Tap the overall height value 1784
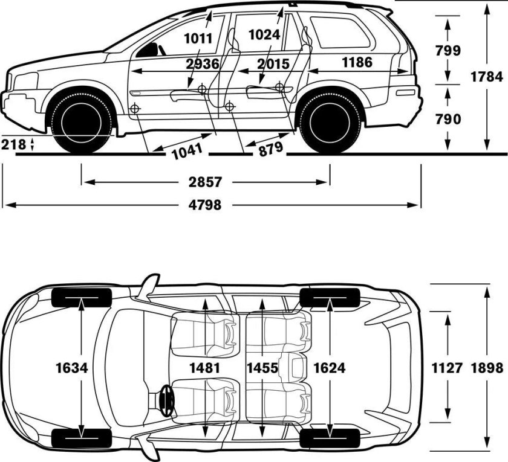487,77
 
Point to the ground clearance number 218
13,145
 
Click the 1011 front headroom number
198,39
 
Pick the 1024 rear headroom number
264,35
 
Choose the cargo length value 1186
356,62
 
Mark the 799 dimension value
448,51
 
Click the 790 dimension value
448,119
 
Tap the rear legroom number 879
270,149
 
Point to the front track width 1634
71,368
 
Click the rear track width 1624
330,368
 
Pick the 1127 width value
448,368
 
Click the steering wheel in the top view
164,399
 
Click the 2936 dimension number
203,65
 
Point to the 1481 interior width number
204,368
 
